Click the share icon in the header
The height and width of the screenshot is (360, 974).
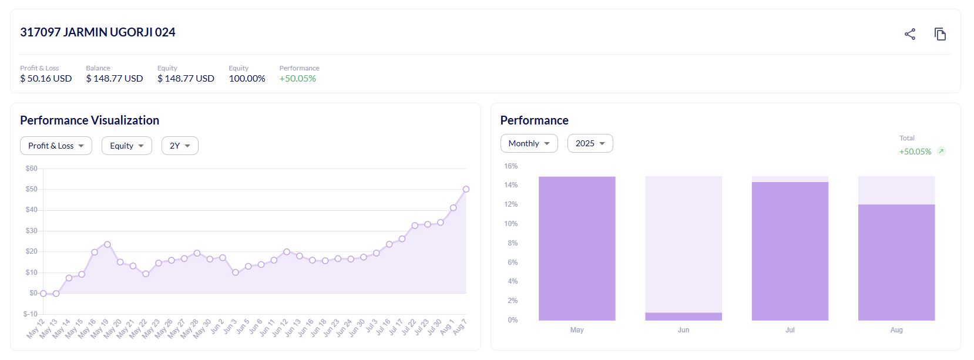coord(910,34)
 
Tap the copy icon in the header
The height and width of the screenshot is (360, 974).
coord(940,34)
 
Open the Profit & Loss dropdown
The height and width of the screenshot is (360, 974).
coord(56,146)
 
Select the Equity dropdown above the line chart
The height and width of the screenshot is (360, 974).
coord(126,146)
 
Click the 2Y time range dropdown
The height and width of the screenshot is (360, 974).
coord(180,146)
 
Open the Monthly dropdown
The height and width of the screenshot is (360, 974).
coord(529,143)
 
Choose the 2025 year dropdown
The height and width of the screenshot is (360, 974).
coord(590,143)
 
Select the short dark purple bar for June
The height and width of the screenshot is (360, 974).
coord(683,317)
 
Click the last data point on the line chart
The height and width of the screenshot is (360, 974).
coord(466,189)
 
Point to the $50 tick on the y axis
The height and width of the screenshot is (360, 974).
coord(31,189)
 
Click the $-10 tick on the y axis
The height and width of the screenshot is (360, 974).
coord(30,314)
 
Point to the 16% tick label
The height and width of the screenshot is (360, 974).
coord(510,166)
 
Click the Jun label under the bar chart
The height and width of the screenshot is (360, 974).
coord(683,330)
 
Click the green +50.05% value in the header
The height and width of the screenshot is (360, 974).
coord(297,79)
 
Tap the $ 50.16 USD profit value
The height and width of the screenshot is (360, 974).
coord(46,79)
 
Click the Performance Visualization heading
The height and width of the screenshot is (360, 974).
coord(89,120)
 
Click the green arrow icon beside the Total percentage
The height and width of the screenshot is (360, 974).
coord(941,152)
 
